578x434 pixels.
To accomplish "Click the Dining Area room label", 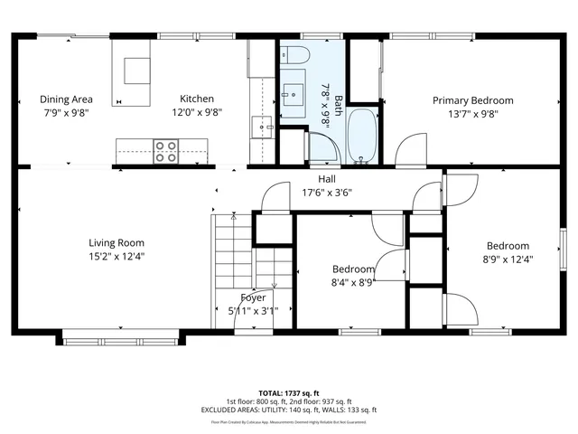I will pyautogui.click(x=66, y=99).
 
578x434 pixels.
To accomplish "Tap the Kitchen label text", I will pyautogui.click(x=197, y=99).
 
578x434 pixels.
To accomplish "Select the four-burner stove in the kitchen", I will pyautogui.click(x=165, y=151).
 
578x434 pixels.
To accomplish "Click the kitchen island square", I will pyautogui.click(x=137, y=71).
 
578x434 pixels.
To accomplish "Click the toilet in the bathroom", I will pyautogui.click(x=295, y=55).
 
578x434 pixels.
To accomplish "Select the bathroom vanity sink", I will pyautogui.click(x=294, y=91).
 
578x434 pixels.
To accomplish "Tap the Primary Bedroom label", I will pyautogui.click(x=472, y=100).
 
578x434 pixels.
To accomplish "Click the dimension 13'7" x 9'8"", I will pyautogui.click(x=472, y=114).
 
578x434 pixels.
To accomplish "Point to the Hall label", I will pyautogui.click(x=326, y=179).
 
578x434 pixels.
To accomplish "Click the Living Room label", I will pyautogui.click(x=117, y=242).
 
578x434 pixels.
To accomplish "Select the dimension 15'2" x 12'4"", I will pyautogui.click(x=117, y=256).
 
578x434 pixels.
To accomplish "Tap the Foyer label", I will pyautogui.click(x=253, y=297).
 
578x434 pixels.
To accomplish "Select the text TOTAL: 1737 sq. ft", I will pyautogui.click(x=288, y=393).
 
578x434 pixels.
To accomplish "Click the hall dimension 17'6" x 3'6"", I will pyautogui.click(x=326, y=192).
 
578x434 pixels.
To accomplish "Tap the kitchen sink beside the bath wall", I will pyautogui.click(x=264, y=127).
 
